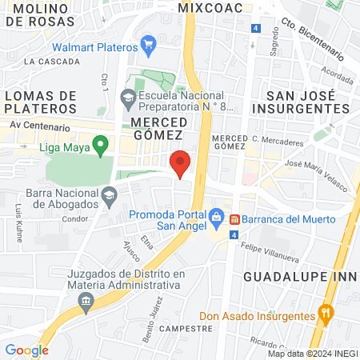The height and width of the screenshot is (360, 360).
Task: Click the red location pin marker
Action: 181,163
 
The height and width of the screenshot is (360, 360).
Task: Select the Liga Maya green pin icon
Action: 100,146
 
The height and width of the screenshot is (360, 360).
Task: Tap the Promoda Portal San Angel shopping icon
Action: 215,217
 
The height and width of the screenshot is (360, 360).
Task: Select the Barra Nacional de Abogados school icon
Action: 107,194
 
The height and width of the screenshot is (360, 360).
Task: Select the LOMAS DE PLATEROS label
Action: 40,102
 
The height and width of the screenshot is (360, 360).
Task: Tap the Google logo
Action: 26,350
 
